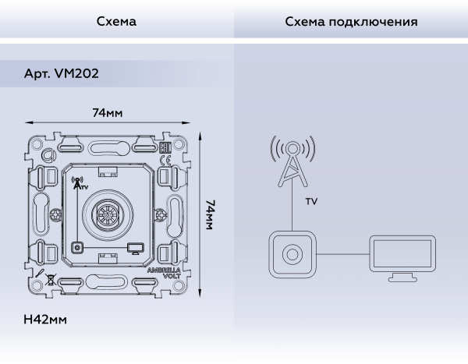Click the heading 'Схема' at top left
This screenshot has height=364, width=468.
pos(116,22)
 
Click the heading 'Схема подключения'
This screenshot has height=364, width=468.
pos(351,22)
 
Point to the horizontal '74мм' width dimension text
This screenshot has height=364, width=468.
pos(108,113)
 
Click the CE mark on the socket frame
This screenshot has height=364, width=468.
pos(165,161)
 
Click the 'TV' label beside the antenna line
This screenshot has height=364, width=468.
pos(311,201)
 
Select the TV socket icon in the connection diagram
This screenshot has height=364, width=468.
pos(292,255)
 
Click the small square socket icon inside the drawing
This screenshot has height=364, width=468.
pos(77,248)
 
